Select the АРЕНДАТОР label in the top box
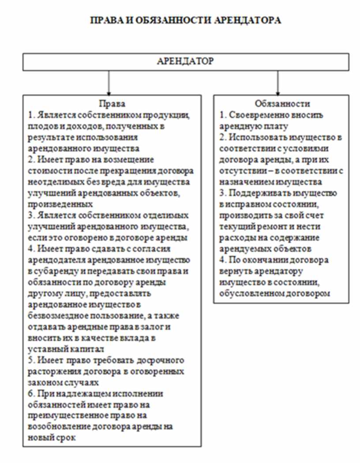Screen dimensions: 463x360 point(185,61)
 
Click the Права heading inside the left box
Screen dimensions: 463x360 point(112,104)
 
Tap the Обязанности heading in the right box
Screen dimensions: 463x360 point(282,104)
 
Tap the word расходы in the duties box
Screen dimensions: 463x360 point(236,238)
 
